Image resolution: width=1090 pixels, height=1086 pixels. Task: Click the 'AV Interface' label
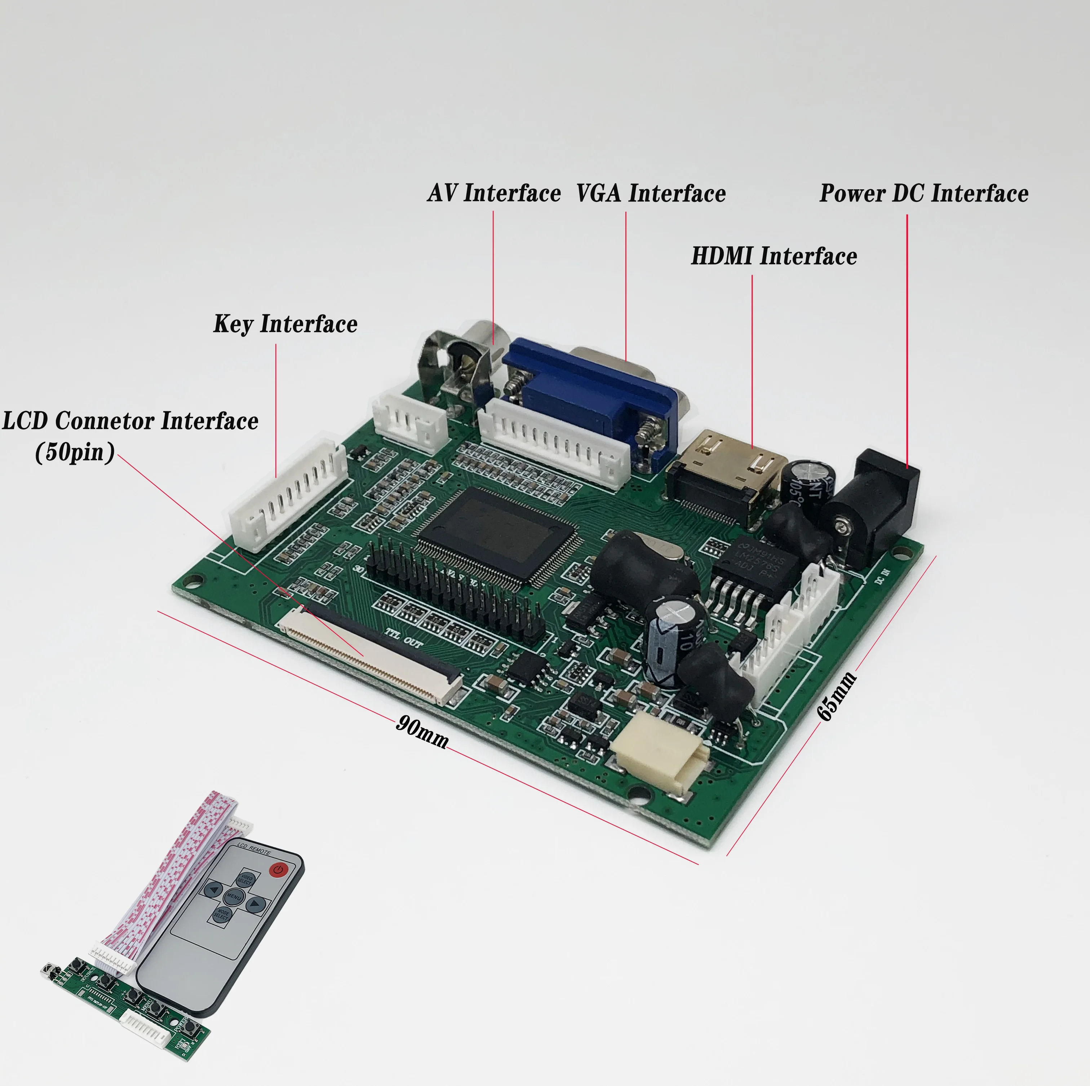[494, 193]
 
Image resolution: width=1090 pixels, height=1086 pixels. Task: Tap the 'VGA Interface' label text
[651, 193]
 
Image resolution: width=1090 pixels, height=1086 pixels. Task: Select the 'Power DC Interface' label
[923, 193]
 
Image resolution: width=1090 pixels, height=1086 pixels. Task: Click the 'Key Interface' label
[285, 324]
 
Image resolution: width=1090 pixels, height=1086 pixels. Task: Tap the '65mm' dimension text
[837, 696]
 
